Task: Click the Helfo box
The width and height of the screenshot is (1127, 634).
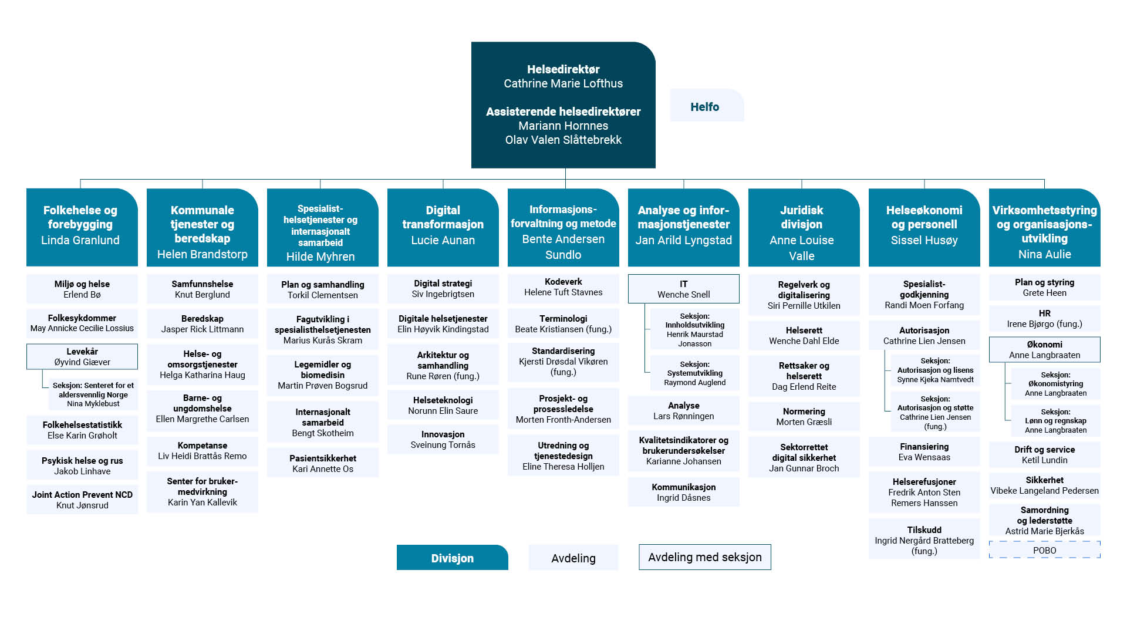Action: pos(707,106)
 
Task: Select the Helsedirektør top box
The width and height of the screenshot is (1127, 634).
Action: pos(563,104)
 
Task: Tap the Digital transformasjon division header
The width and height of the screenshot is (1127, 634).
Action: pos(443,227)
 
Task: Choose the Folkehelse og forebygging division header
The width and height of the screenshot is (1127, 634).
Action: pos(82,227)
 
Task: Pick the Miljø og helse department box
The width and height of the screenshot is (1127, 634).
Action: pos(82,289)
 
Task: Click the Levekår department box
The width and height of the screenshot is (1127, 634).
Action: pos(82,356)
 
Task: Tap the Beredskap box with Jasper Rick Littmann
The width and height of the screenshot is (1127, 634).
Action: pos(202,324)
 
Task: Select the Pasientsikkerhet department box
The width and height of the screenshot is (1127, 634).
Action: pos(322,463)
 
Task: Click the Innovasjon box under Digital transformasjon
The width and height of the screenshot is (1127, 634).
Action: pos(443,439)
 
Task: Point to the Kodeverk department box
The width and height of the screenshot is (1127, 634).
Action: pos(563,287)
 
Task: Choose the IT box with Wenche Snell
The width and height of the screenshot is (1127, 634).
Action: pos(683,289)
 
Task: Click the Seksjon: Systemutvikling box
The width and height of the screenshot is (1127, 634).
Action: pos(694,373)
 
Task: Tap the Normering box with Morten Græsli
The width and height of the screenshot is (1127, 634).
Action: pos(804,416)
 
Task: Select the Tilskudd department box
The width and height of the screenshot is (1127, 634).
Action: pos(924,539)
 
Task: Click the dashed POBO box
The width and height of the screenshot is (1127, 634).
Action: pos(1044,550)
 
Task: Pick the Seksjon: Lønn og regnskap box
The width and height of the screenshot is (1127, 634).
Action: pos(1055,420)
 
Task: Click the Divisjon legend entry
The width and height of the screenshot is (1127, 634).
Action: pos(452,558)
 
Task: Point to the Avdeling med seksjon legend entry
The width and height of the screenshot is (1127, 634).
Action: pos(704,557)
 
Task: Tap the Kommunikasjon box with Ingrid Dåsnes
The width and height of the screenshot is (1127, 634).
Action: pos(683,492)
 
